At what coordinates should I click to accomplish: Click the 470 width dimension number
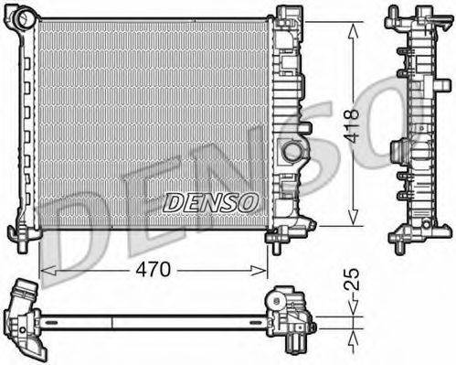[x=153, y=270]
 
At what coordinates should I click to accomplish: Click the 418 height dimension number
[x=352, y=125]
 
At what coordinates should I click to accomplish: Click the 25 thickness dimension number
[x=352, y=279]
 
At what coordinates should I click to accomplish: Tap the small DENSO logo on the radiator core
[x=210, y=203]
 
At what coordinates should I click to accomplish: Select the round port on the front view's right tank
[x=292, y=152]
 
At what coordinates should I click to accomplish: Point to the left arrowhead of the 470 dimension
[x=48, y=270]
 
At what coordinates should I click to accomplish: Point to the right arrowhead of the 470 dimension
[x=258, y=270]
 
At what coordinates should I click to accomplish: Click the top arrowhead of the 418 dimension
[x=353, y=31]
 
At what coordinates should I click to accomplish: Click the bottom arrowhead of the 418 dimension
[x=353, y=218]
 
